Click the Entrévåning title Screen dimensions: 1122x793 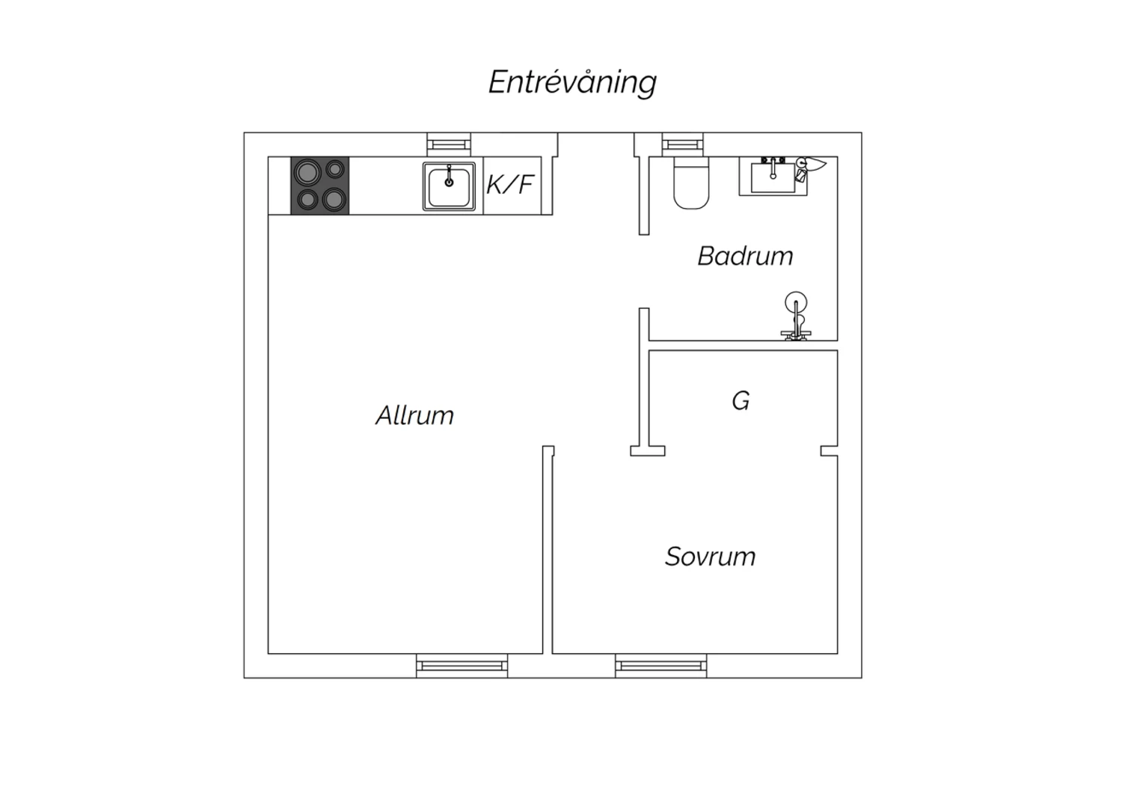572,82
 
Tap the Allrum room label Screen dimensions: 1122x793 414,415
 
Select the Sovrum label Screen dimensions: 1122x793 711,557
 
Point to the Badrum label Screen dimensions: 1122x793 745,256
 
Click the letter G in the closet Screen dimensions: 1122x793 741,401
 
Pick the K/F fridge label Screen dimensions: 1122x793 510,184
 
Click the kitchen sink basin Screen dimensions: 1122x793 449,186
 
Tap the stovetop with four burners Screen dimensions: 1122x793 320,186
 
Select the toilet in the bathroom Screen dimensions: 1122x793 691,183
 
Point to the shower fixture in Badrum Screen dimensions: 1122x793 796,316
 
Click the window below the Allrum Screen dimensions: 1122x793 462,666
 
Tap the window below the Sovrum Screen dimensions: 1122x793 661,666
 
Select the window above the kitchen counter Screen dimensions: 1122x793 449,145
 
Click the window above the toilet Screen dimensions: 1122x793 683,145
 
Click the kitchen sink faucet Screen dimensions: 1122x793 449,176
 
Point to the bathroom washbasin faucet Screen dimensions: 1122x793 773,168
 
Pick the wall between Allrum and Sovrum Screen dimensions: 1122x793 548,550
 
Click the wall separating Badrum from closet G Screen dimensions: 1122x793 744,346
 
